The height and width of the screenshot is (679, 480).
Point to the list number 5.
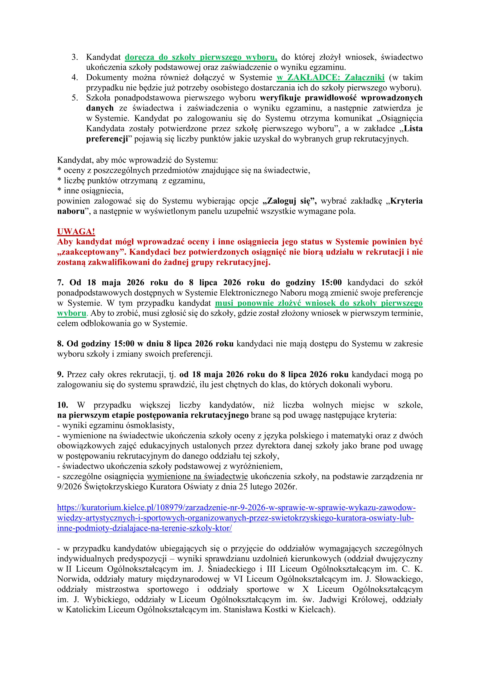74,98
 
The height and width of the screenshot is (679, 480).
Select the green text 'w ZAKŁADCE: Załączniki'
331,77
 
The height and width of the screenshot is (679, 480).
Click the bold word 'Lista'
413,129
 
